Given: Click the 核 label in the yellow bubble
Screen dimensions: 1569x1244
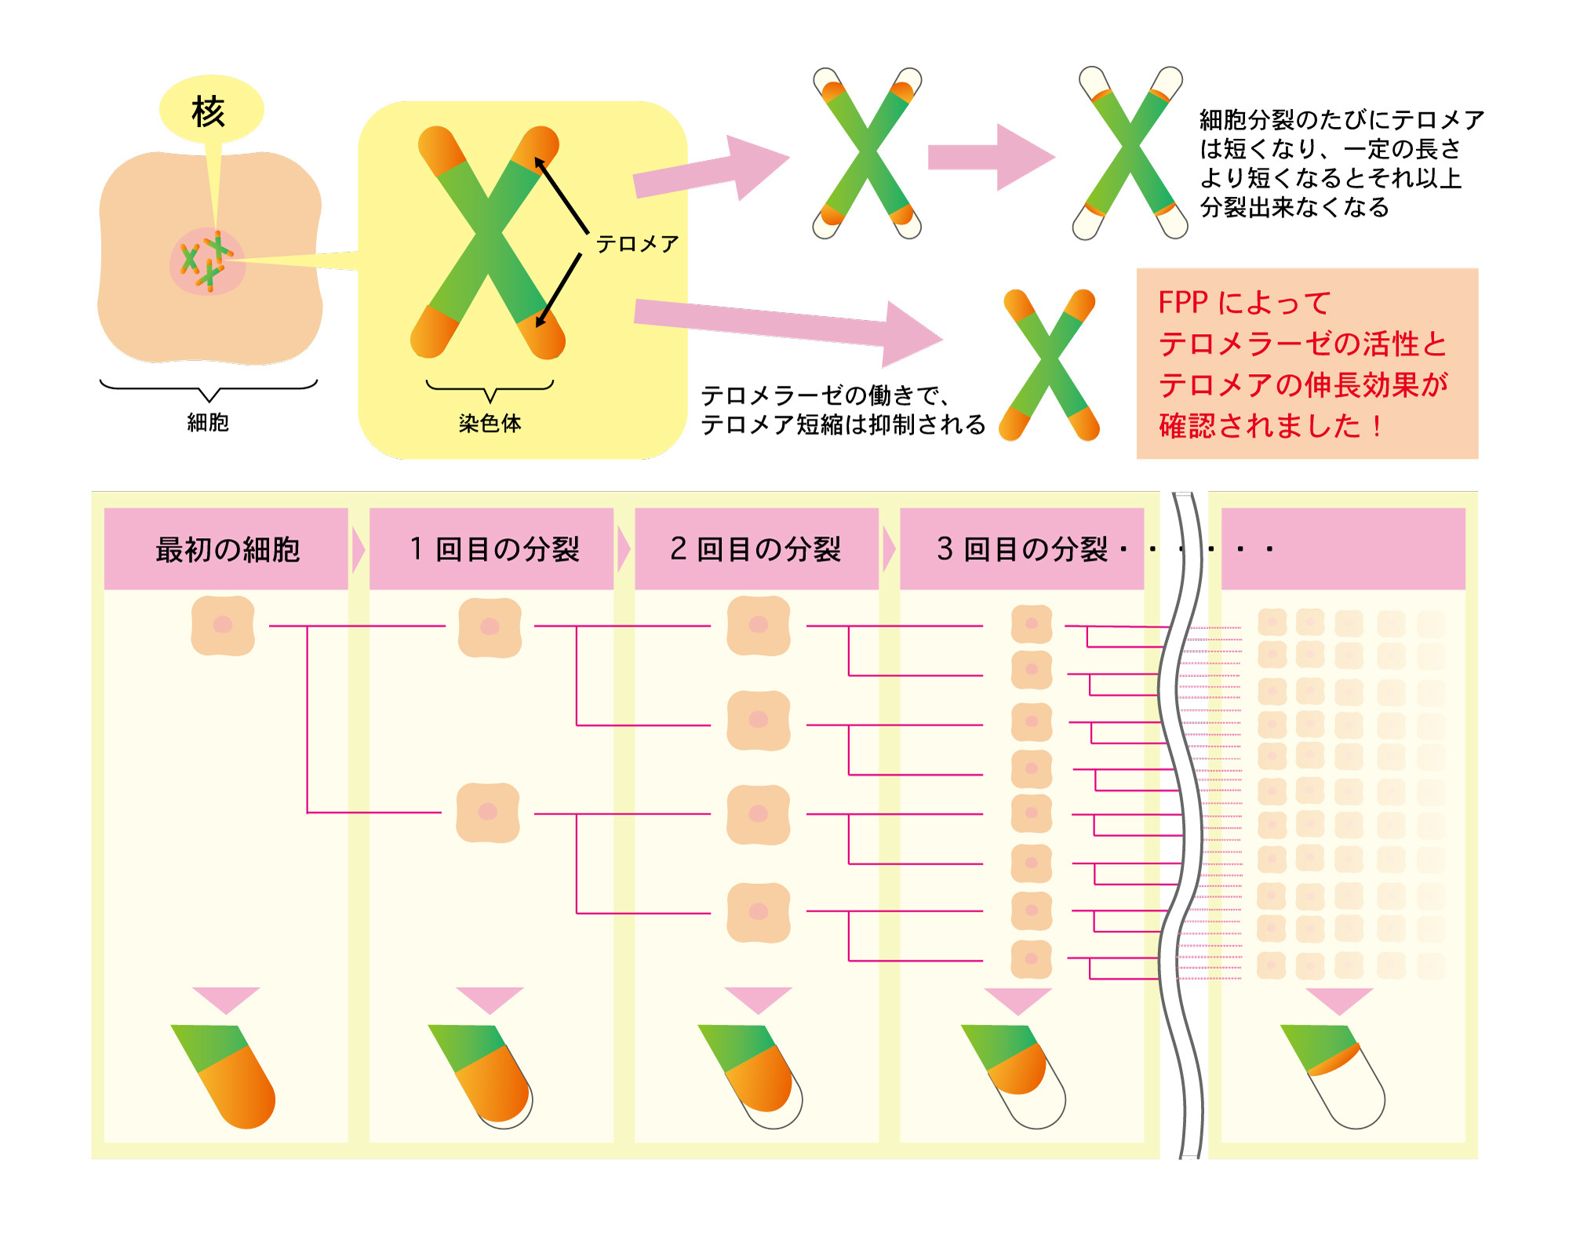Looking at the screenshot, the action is (209, 111).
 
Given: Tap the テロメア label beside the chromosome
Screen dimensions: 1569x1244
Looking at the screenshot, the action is (638, 244).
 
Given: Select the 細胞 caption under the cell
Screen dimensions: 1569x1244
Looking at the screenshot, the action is (208, 422).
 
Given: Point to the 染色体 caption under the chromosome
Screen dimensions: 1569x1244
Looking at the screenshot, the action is (490, 424).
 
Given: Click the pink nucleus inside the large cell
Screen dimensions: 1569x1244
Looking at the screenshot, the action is (208, 262).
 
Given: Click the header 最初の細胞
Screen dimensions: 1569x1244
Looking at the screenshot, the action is (228, 550).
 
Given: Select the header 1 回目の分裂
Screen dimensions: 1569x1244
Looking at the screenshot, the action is (494, 549).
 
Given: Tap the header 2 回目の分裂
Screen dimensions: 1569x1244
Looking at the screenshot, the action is (755, 549).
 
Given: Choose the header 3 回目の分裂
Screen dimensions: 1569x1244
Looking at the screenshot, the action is (1022, 549).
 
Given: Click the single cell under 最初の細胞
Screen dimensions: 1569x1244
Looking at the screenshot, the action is (223, 625).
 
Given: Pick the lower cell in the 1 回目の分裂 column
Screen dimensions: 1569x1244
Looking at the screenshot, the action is (488, 813).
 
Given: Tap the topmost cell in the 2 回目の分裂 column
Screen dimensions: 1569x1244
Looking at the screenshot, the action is (759, 625).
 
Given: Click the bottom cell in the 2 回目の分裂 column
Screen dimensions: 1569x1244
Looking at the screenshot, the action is (759, 912).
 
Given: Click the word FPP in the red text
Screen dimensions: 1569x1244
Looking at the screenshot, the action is (1183, 303).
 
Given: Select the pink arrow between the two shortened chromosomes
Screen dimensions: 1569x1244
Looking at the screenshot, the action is (992, 157).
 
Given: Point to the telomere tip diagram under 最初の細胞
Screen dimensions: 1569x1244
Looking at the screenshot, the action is (224, 1076).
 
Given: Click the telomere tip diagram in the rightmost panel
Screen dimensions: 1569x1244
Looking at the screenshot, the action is (1333, 1076).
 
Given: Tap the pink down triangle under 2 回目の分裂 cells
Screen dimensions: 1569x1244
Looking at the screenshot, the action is (758, 1000).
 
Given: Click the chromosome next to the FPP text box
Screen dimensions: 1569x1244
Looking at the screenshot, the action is (1049, 365).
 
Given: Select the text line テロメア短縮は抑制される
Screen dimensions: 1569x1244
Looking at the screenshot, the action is (843, 424).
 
